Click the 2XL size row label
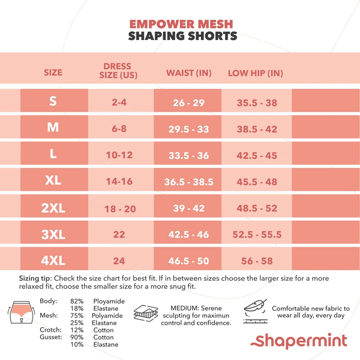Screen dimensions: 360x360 coord(53,208)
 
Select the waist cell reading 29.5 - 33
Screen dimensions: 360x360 coord(189,129)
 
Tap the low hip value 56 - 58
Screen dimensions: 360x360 coord(256,261)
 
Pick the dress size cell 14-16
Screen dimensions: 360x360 coord(119,181)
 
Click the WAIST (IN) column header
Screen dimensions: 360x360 coord(189,73)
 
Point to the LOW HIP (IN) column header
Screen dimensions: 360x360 coord(255,73)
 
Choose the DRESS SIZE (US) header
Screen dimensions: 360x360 coord(118,71)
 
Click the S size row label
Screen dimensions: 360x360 coord(53,101)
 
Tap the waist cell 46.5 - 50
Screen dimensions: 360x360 coord(189,261)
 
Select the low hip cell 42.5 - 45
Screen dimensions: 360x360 coord(256,155)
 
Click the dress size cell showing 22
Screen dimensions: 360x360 coord(119,234)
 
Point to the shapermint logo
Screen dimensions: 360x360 coord(301,341)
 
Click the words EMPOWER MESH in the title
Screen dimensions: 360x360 coord(181,24)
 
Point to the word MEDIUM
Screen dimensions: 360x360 coord(184,308)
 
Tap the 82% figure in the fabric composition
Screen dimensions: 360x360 coord(77,301)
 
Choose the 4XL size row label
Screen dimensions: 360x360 coord(53,261)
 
